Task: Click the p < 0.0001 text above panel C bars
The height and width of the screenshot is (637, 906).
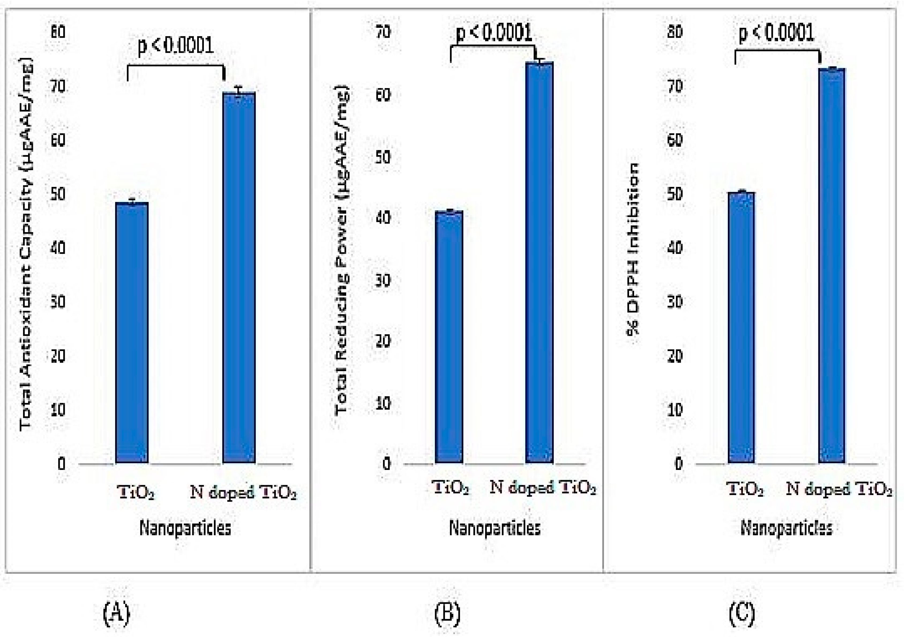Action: point(776,32)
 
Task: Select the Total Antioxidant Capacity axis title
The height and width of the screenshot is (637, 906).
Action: point(26,244)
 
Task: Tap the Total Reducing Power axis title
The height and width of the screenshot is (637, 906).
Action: point(342,250)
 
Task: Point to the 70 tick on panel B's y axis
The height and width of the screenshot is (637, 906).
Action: point(383,32)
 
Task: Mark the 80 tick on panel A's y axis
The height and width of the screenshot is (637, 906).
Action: point(58,32)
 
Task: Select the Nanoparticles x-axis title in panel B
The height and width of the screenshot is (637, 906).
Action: point(495,528)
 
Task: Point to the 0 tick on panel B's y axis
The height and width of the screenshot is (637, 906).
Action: point(386,463)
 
